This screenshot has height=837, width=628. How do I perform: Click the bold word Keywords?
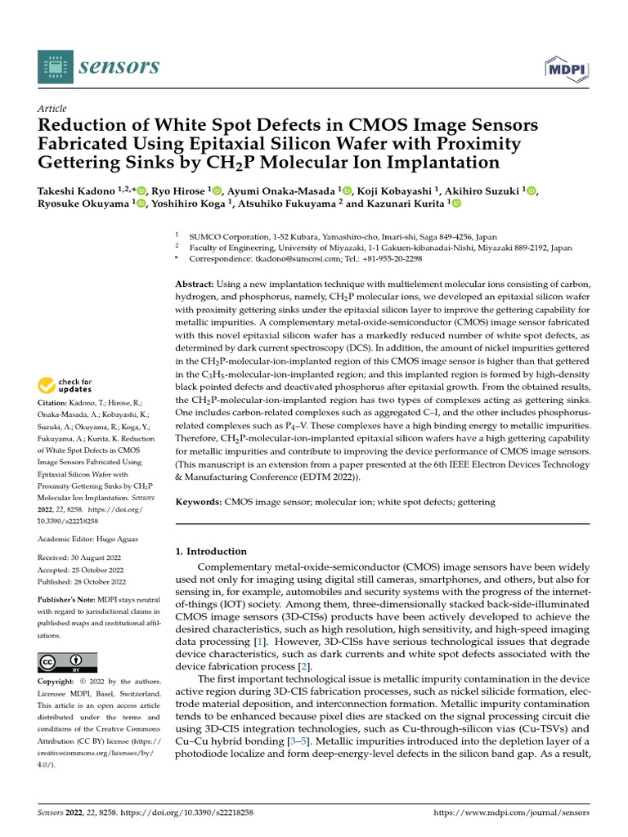[x=200, y=502]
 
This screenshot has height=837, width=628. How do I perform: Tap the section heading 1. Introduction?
[x=212, y=552]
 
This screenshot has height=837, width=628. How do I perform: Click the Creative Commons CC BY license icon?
[x=67, y=662]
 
